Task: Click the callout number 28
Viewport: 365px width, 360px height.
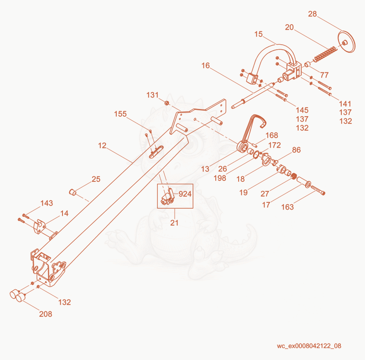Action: (x=313, y=14)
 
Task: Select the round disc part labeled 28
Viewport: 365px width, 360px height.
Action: (x=347, y=42)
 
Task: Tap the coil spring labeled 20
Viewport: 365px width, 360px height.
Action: (x=325, y=54)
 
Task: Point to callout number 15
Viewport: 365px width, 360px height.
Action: (x=258, y=34)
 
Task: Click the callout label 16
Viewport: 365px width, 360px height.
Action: (x=206, y=66)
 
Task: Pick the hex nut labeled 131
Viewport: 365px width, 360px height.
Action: (x=167, y=103)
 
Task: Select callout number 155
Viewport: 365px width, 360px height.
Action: (x=120, y=114)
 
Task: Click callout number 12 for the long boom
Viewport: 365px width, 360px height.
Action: (x=102, y=145)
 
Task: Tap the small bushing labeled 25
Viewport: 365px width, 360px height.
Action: (x=73, y=192)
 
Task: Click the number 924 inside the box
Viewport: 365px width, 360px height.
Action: (x=185, y=194)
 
